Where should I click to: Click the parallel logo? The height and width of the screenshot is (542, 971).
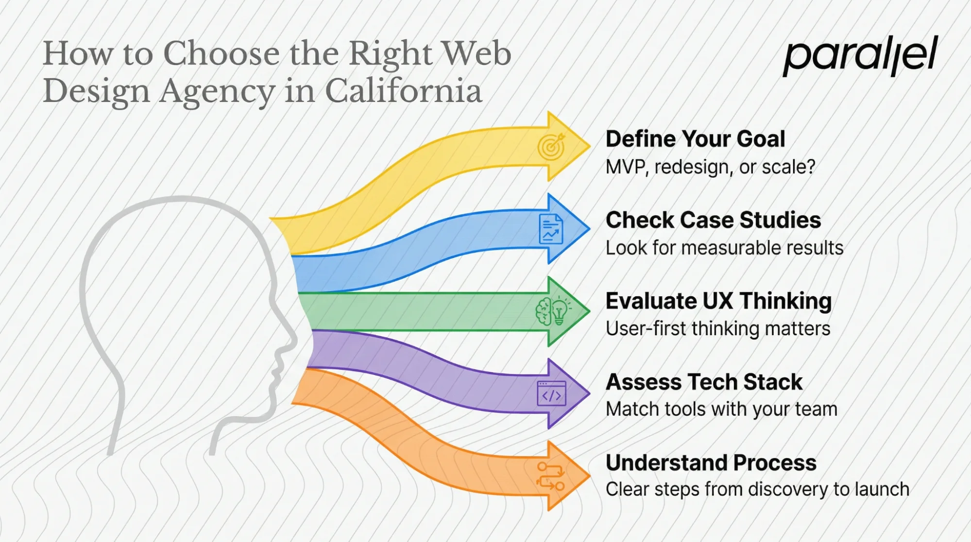click(860, 55)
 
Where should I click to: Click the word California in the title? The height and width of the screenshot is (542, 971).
click(403, 91)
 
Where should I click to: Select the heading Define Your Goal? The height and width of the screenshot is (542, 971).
click(695, 139)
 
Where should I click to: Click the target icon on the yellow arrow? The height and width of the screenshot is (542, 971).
click(551, 147)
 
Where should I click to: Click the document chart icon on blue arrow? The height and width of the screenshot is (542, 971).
click(551, 229)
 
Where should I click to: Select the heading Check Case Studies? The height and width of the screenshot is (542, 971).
click(713, 220)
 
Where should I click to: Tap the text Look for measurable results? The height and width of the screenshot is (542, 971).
click(724, 248)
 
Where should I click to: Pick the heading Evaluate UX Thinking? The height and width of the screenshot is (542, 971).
click(718, 301)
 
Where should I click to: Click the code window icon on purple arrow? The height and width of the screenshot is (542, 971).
click(551, 394)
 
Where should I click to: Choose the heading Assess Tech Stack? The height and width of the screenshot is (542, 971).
click(704, 382)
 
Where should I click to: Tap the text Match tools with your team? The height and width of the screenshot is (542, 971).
click(721, 409)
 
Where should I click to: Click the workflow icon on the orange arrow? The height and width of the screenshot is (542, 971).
click(551, 476)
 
